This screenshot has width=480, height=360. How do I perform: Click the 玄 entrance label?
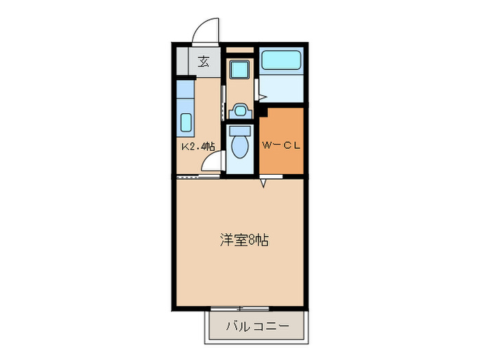tap(204, 62)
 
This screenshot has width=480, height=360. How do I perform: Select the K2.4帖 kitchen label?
tap(197, 146)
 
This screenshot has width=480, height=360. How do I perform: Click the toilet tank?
tap(240, 130)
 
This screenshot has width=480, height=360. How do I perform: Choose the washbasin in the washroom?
tap(241, 110)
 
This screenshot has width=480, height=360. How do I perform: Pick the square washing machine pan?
tap(240, 70)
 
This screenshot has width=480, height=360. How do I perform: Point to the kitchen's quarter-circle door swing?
tap(214, 163)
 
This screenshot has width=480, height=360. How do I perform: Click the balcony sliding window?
tap(240, 309)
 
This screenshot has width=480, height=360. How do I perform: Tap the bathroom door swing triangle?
tap(256, 89)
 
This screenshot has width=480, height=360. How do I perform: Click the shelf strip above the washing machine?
tap(240, 51)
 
